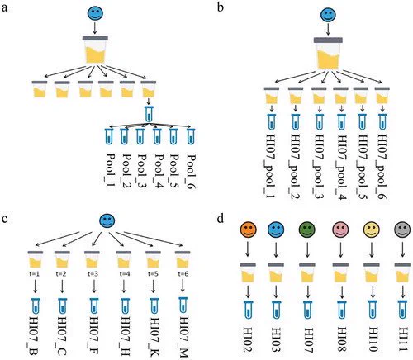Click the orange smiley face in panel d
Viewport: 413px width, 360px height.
click(248, 230)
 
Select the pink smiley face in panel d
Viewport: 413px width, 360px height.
click(340, 230)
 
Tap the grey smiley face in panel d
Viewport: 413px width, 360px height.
click(402, 230)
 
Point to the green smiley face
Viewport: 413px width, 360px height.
click(306, 230)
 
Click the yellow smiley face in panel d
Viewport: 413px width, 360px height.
click(372, 230)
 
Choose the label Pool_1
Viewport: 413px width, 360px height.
click(111, 171)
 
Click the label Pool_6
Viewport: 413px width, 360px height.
click(191, 171)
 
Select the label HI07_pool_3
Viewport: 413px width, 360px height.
click(319, 166)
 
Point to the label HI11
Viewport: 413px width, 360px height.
click(403, 339)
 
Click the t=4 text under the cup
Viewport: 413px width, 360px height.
click(124, 274)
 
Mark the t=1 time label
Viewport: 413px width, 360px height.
click(36, 274)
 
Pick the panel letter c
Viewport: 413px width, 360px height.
click(5, 220)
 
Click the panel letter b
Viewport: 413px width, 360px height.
click(221, 7)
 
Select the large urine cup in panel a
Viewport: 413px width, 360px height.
click(95, 50)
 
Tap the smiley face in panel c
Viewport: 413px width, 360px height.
click(107, 220)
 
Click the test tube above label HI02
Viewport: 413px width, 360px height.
click(249, 310)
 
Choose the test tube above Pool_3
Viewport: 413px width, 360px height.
click(140, 136)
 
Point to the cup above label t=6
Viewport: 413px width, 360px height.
click(183, 259)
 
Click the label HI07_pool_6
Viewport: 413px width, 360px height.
click(382, 166)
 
